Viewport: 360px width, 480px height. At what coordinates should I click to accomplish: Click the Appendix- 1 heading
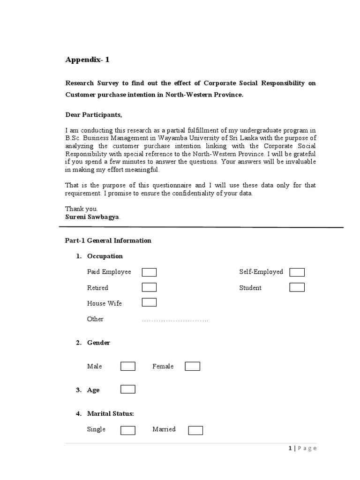point(88,60)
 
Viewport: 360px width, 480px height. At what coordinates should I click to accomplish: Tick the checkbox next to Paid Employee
point(149,272)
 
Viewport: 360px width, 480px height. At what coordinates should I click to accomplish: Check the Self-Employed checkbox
point(297,272)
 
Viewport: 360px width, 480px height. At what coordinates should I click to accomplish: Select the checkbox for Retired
point(149,287)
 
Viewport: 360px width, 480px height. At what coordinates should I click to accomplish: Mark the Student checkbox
point(297,287)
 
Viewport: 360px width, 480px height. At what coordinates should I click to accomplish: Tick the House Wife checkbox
point(149,302)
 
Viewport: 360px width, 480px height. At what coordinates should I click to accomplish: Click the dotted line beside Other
point(174,320)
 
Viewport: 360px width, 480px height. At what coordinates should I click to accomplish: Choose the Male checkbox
point(128,366)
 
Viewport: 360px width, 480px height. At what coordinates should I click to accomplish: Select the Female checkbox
point(192,366)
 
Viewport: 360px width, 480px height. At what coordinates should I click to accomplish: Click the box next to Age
point(128,389)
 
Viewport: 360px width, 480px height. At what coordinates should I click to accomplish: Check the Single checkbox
point(128,430)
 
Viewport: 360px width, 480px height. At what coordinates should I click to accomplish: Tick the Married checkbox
point(195,430)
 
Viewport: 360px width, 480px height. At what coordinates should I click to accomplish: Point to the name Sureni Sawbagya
point(92,217)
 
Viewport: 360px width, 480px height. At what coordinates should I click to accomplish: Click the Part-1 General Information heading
point(108,240)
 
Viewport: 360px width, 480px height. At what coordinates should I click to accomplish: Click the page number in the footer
point(290,449)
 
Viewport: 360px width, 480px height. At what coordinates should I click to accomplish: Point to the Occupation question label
point(105,256)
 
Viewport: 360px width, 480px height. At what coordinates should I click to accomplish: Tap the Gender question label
point(98,343)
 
